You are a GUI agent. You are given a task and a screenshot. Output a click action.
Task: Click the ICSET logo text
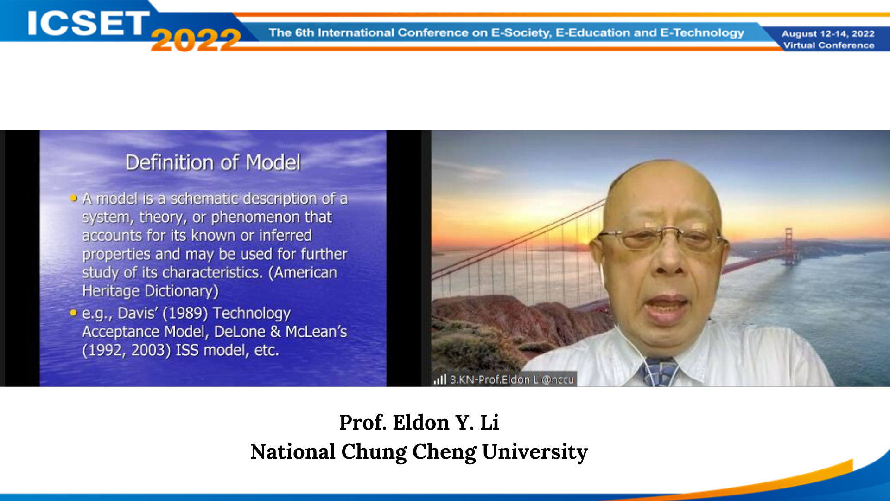[x=88, y=23]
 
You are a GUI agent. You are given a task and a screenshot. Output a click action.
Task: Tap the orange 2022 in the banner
[x=196, y=39]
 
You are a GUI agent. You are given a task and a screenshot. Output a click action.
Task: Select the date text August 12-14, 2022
[x=828, y=33]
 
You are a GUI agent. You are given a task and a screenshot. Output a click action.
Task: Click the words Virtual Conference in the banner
[x=829, y=45]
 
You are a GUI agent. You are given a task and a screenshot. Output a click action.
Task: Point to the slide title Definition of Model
[x=213, y=162]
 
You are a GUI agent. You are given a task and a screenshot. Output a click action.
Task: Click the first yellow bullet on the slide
[x=74, y=198]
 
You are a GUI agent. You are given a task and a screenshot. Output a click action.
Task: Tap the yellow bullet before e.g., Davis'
[x=74, y=313]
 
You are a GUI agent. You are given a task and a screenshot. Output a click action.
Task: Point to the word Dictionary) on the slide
[x=181, y=291]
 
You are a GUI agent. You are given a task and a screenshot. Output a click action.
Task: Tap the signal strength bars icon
[x=440, y=379]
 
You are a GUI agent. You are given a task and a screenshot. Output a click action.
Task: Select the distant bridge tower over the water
[x=788, y=245]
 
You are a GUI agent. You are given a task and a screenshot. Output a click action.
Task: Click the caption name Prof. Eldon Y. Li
[x=419, y=423]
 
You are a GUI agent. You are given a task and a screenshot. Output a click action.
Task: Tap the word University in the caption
[x=535, y=452]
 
